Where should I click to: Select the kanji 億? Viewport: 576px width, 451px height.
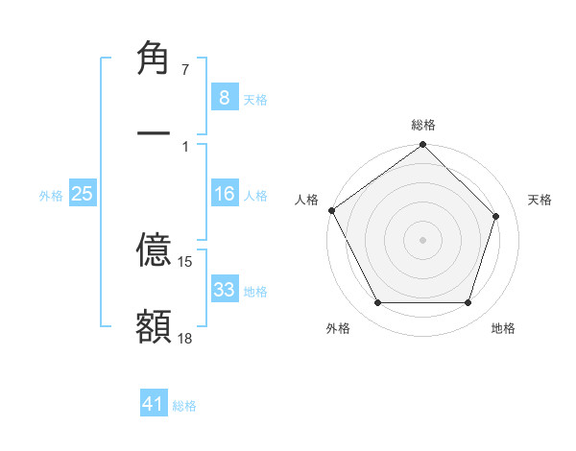154,252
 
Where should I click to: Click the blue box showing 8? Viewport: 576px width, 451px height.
224,98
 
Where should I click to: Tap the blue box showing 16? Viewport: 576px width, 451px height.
224,194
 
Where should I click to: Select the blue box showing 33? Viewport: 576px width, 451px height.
224,290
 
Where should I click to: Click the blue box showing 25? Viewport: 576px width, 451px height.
83,194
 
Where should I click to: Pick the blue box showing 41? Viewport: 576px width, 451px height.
154,404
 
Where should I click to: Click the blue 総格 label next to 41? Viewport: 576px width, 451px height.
184,406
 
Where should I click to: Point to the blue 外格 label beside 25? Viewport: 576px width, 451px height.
51,196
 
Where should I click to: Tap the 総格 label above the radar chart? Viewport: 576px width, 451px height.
422,125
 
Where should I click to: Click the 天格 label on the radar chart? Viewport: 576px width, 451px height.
540,200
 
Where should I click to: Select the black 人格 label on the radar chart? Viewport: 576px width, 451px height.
306,200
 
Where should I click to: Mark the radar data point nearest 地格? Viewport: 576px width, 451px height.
468,303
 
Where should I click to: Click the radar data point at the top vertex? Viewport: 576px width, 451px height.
422,146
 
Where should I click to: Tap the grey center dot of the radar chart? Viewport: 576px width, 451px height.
422,239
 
